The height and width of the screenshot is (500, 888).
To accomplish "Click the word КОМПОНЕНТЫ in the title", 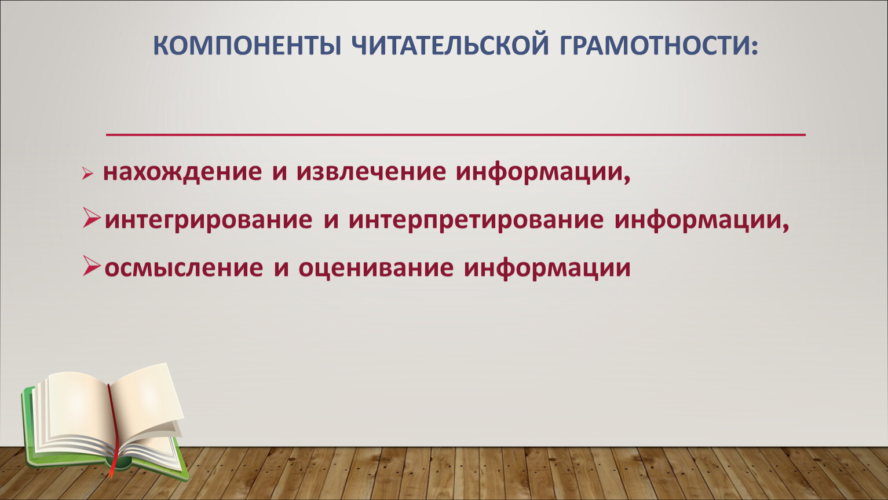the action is coord(247,45).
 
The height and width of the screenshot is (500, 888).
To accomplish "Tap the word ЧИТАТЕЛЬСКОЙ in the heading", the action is coord(450,45).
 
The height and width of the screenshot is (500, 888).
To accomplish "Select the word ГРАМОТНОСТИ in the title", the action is coord(654,45).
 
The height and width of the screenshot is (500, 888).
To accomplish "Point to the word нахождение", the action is coord(182,172).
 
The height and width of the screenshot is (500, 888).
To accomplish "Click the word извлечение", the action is coord(371,172).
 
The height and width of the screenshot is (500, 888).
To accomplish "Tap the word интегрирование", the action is coord(209,220).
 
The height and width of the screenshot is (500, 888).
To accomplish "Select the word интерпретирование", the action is coord(476,220).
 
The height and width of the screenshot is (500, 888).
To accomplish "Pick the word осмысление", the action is coord(184,268).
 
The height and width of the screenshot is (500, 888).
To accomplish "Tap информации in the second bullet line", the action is coord(698,220).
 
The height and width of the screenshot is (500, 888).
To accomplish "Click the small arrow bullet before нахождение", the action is coord(87,174).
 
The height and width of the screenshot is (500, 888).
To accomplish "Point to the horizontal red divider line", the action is coord(456,135).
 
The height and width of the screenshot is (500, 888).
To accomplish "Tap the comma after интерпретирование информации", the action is coord(785,228).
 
